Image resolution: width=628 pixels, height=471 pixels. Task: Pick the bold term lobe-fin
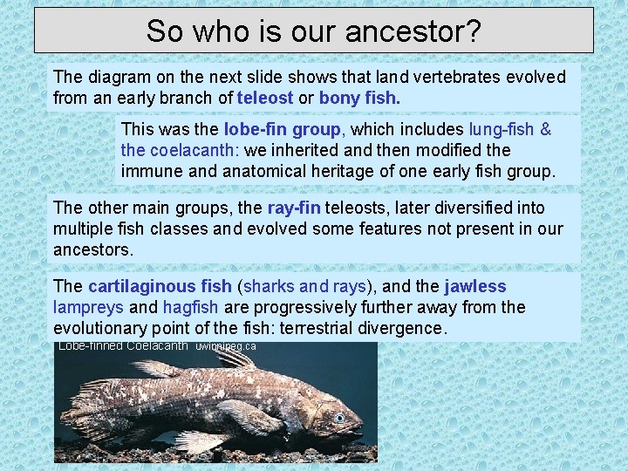[253, 130]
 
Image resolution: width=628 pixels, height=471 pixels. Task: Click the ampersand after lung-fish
[546, 130]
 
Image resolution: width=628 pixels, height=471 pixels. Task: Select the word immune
[149, 172]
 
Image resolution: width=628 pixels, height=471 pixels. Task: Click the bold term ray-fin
[294, 208]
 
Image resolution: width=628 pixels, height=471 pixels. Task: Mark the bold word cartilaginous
[160, 286]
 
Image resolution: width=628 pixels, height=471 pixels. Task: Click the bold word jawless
[475, 286]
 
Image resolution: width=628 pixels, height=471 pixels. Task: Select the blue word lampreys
[87, 307]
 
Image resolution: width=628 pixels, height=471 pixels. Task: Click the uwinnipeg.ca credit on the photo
[226, 346]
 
